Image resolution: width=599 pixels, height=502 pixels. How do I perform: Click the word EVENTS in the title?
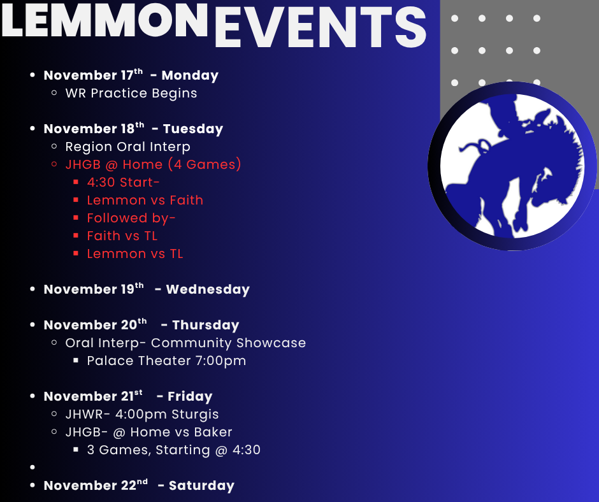(x=320, y=28)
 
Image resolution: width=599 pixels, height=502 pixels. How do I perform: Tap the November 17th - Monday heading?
(x=131, y=75)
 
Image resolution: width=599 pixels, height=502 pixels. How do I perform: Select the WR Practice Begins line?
(x=131, y=93)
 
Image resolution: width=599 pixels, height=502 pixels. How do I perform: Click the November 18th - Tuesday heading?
(x=133, y=129)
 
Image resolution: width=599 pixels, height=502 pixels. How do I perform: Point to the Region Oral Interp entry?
(x=127, y=147)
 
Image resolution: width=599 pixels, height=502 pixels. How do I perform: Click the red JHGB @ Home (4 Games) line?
(x=153, y=164)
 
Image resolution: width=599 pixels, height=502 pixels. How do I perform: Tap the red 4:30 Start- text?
(x=123, y=182)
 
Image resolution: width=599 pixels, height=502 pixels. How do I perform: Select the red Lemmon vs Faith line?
(x=145, y=200)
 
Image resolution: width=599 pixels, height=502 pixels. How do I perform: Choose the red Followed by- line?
(x=131, y=218)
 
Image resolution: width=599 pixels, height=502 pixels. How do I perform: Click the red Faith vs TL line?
(x=122, y=236)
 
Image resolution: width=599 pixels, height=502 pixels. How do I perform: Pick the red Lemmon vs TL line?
(x=134, y=254)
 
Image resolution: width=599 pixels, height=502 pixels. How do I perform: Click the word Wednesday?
(x=208, y=289)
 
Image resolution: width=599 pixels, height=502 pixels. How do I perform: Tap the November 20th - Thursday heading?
(x=141, y=325)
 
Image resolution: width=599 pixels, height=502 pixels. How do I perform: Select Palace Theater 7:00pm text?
(x=166, y=361)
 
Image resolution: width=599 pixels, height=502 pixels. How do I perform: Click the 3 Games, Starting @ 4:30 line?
(x=173, y=450)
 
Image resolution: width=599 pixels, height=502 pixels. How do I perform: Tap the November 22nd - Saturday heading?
(x=139, y=485)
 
